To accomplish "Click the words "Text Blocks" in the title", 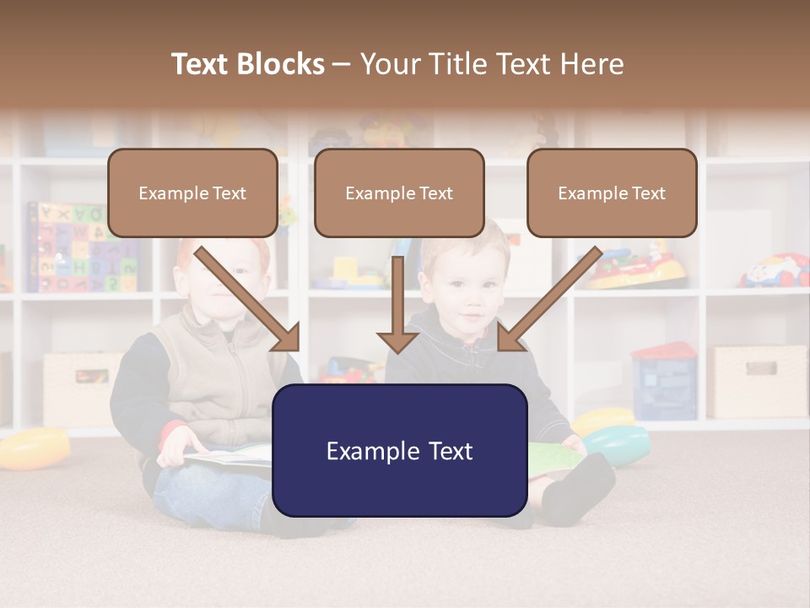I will click(x=247, y=64).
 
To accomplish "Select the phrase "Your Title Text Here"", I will click(x=492, y=64).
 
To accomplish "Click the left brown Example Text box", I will click(x=192, y=193).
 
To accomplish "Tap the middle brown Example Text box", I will click(x=399, y=193).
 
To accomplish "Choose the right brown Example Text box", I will click(x=612, y=193).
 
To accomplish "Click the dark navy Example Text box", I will click(x=399, y=451).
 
